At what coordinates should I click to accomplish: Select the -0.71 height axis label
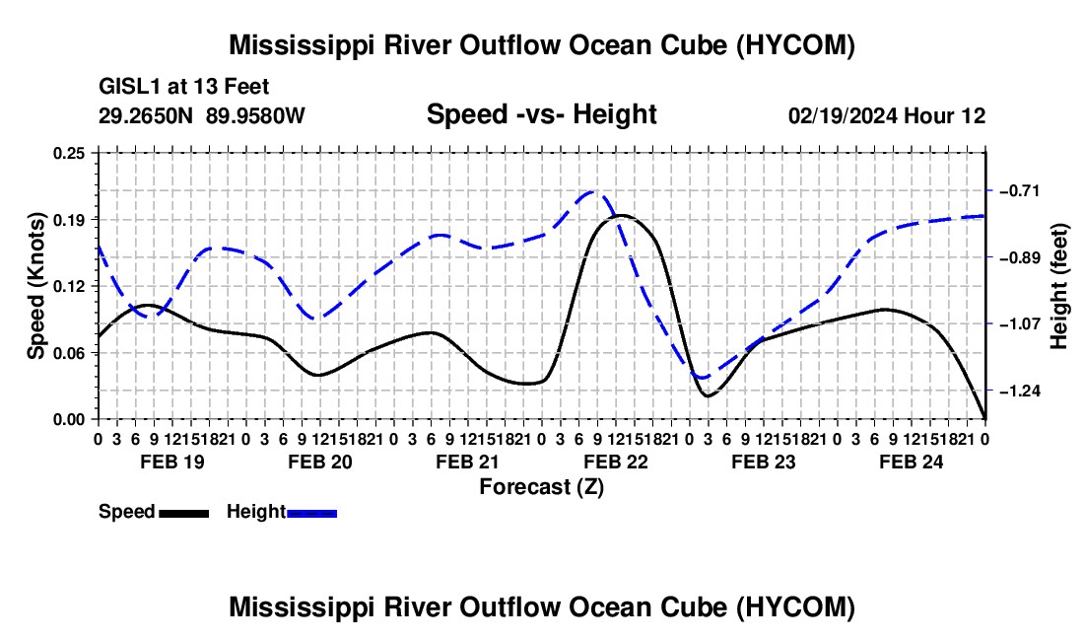click(x=1019, y=190)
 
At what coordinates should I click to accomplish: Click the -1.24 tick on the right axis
click(x=1019, y=391)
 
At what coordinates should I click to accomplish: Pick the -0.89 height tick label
click(x=1019, y=257)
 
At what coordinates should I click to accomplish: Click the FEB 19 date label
click(x=172, y=462)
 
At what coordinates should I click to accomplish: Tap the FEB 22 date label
click(x=616, y=462)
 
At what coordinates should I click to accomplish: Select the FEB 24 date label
click(x=912, y=462)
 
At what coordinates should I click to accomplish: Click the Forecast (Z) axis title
click(x=542, y=487)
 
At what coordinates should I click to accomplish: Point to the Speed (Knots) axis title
click(x=35, y=286)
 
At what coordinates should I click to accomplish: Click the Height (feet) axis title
click(x=1058, y=286)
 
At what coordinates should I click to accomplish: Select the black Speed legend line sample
click(x=184, y=513)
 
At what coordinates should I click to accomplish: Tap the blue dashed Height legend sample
click(x=311, y=513)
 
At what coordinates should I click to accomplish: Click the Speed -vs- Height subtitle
click(x=542, y=114)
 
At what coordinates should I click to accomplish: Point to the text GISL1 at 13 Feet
click(x=184, y=87)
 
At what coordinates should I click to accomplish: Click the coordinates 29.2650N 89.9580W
click(x=202, y=115)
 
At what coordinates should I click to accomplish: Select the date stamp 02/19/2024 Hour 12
click(x=887, y=115)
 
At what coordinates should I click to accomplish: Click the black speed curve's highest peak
click(x=620, y=216)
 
